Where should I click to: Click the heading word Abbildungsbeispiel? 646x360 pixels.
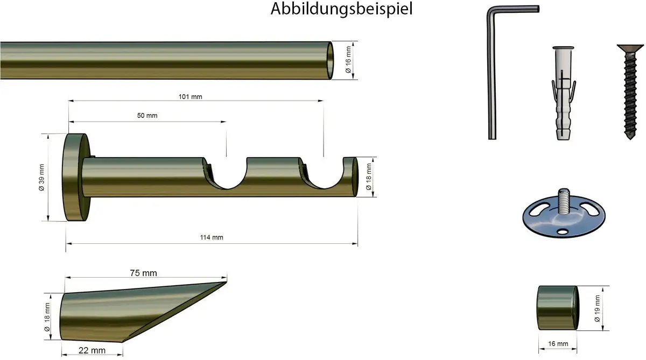(341, 9)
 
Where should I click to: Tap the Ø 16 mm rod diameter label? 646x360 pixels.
(348, 60)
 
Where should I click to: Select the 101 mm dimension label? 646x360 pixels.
(191, 97)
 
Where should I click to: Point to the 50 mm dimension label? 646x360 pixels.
(147, 116)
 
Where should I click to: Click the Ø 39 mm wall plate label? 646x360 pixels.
(41, 178)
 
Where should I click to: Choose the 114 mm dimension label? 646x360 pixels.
(212, 237)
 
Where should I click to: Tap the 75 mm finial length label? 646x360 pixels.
(143, 273)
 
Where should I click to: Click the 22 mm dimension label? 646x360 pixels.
(92, 350)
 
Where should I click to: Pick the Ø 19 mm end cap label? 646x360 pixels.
(597, 309)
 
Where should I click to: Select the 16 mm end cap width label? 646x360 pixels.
(558, 344)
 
